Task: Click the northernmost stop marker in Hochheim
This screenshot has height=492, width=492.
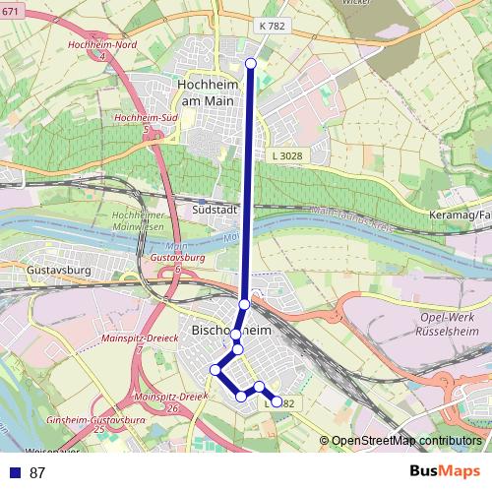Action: pyautogui.click(x=250, y=63)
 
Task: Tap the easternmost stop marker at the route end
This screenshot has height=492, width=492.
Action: pyautogui.click(x=277, y=401)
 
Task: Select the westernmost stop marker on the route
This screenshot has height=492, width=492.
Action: pyautogui.click(x=215, y=370)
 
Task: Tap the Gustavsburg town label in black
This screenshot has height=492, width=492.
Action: pyautogui.click(x=32, y=269)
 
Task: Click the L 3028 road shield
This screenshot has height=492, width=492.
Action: pyautogui.click(x=285, y=156)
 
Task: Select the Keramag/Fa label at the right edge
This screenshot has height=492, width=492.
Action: pyautogui.click(x=462, y=215)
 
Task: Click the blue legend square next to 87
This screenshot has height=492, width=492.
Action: pyautogui.click(x=14, y=472)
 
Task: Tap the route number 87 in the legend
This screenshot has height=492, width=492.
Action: pyautogui.click(x=37, y=472)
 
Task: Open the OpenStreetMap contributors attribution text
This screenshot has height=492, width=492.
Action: pyautogui.click(x=404, y=441)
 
